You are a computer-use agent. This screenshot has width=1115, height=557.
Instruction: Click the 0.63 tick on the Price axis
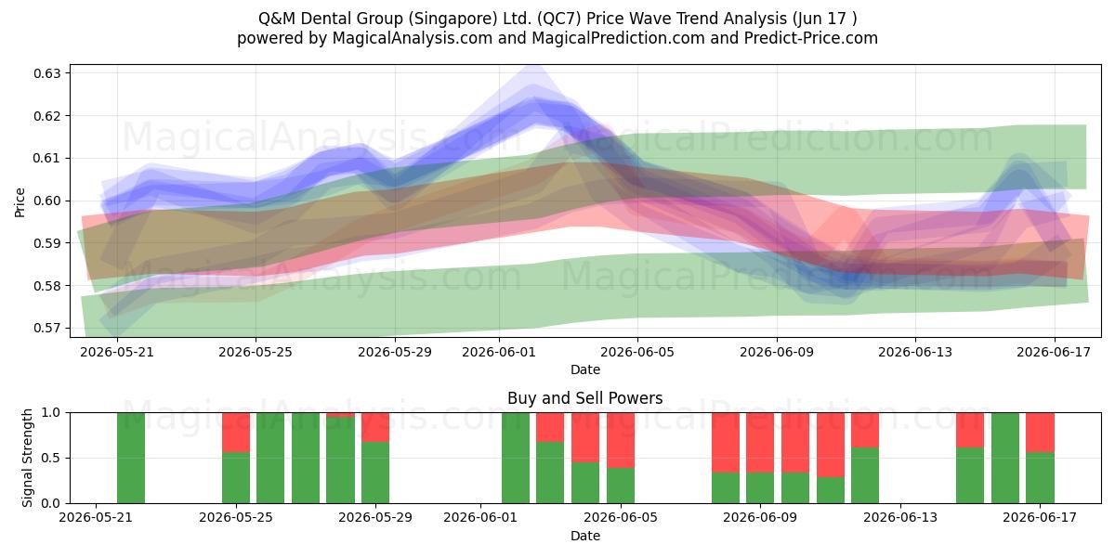pos(46,73)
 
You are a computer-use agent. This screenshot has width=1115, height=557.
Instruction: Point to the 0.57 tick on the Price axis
pos(46,329)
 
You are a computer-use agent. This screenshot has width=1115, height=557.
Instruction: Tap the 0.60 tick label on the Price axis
pos(46,201)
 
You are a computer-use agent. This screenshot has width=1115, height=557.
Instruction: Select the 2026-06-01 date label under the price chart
pos(499,352)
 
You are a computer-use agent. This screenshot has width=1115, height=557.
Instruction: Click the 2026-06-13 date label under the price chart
pos(915,352)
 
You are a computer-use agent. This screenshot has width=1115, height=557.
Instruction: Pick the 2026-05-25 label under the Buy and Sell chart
pos(236,518)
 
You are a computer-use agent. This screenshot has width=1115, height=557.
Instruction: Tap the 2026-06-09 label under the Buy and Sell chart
pos(760,518)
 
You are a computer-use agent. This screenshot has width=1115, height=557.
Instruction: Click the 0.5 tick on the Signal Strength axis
pos(51,458)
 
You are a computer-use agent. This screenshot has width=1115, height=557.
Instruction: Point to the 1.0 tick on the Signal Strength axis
pos(51,413)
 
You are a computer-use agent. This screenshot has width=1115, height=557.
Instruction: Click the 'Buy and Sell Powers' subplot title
pos(584,398)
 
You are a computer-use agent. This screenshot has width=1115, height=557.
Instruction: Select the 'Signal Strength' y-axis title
pos(27,458)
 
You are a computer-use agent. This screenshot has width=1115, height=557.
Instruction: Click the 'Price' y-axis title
pos(20,202)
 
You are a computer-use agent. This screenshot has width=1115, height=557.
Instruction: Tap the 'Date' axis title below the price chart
pos(585,369)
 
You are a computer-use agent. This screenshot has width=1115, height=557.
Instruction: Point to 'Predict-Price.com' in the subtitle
pos(811,38)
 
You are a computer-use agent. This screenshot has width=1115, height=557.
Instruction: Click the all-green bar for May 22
pos(131,458)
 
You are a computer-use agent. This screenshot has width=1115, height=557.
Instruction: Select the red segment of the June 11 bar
pos(831,445)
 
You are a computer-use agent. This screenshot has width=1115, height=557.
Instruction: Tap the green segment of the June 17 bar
pos(1040,477)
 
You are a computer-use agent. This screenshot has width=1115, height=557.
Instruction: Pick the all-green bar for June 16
pos(1005,458)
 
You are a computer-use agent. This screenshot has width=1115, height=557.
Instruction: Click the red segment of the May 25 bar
pos(236,433)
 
